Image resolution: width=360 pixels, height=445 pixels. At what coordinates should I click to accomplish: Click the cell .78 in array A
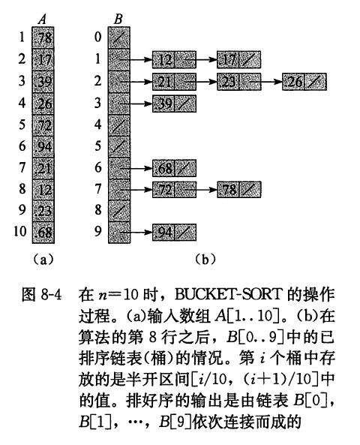pos(43,38)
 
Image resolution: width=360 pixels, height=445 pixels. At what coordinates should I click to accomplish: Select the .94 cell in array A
pos(43,147)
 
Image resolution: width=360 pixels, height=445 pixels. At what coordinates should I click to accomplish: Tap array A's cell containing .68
pos(43,233)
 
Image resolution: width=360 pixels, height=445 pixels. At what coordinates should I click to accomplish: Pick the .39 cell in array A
pos(43,82)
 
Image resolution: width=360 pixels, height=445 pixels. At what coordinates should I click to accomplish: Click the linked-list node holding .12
pos(174,59)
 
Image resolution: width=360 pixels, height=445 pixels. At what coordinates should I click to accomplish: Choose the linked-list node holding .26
pos(304,82)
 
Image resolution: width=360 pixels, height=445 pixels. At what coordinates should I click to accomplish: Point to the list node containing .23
pos(238,82)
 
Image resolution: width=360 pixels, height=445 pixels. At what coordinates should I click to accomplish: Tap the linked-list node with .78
pos(238,189)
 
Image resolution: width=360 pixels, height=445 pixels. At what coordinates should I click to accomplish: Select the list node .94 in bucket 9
pos(174,233)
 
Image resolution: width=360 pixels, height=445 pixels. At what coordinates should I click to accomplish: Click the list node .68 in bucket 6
pos(174,168)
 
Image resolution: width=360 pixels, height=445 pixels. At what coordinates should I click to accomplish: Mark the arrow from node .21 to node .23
pos(201,82)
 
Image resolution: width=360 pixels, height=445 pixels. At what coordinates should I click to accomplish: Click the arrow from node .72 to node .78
pos(201,189)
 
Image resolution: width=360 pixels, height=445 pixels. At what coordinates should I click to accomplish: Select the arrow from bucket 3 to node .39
pos(136,104)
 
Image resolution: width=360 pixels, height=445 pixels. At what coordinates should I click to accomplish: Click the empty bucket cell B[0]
pos(119,38)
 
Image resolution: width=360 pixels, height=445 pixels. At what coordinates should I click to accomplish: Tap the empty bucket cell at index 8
pos(119,211)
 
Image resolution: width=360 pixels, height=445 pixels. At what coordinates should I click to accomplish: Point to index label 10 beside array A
pos(20,232)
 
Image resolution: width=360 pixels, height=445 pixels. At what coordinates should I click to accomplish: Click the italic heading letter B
pos(118,20)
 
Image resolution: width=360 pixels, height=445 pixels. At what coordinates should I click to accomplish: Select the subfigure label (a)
pos(43,259)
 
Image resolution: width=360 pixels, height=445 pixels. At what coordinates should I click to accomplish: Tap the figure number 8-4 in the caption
pos(51,294)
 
